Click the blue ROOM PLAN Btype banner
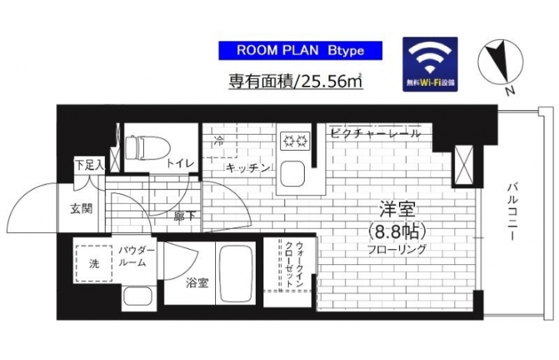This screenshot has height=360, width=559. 300,51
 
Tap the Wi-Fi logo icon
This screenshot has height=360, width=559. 430,64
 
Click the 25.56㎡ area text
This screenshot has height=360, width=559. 332,82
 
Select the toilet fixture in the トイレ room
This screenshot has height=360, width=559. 147,149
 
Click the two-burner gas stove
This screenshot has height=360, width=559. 295,141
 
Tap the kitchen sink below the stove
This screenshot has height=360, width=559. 293,174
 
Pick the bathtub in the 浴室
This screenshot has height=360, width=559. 236,273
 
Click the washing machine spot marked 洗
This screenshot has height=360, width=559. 93,263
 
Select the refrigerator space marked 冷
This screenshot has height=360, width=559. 220,140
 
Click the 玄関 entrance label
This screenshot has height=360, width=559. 81,209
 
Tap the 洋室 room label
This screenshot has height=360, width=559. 397,210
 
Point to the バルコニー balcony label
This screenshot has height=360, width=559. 512,211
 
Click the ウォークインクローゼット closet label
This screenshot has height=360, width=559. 295,264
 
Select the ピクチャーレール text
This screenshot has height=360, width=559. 375,134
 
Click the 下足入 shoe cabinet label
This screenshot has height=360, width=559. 90,165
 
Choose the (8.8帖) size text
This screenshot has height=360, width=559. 397,232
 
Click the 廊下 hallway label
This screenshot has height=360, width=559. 185,216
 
